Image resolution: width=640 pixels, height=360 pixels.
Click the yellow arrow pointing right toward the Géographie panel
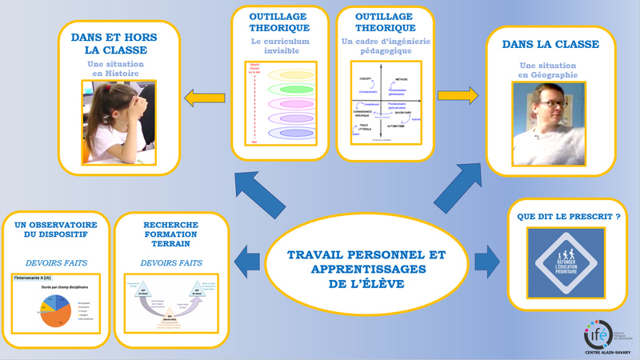458,97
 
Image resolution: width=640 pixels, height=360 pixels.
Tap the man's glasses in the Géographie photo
553,104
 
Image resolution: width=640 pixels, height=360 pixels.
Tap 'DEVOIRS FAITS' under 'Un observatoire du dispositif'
54,262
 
